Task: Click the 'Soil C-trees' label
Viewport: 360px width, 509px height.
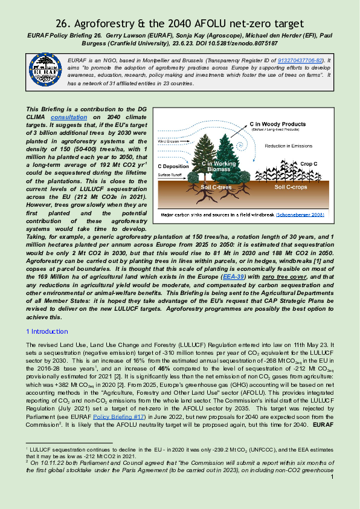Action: [x=217, y=187]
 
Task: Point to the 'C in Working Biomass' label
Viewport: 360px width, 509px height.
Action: [x=219, y=167]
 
